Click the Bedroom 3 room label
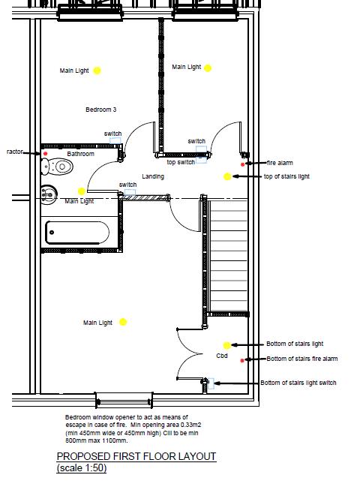[x=100, y=110]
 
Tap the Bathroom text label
[x=81, y=154]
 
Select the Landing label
[x=153, y=176]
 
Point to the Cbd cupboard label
[x=222, y=356]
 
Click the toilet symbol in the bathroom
[x=49, y=194]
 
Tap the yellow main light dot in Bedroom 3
[x=97, y=71]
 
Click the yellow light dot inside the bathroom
[x=82, y=191]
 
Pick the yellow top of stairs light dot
[x=226, y=176]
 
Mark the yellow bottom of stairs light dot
[x=226, y=345]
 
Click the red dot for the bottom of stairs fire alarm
[x=242, y=360]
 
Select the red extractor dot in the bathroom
[x=45, y=154]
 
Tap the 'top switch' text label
[x=181, y=162]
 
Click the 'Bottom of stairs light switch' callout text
[x=298, y=383]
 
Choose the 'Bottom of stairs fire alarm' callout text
[x=302, y=359]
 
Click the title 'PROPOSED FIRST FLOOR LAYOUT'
[x=136, y=456]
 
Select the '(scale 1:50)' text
[x=82, y=468]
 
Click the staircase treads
[x=228, y=255]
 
